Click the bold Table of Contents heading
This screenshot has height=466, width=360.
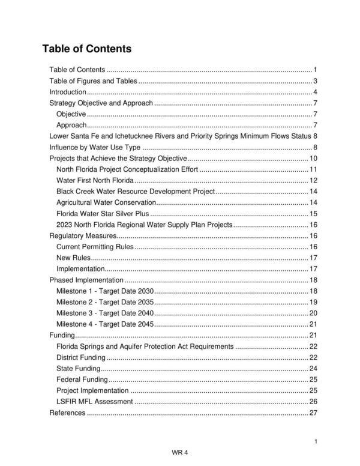(87, 49)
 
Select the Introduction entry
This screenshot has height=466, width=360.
(68, 92)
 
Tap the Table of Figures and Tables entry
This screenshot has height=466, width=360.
(93, 81)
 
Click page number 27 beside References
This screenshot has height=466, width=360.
(313, 413)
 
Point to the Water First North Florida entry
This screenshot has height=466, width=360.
(94, 181)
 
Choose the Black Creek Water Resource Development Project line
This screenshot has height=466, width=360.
(135, 192)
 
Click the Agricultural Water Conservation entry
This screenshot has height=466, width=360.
(106, 202)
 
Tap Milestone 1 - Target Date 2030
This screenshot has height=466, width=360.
(105, 291)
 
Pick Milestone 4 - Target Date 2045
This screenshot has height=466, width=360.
(105, 324)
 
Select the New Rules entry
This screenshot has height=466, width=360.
(73, 258)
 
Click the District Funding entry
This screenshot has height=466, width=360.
(81, 357)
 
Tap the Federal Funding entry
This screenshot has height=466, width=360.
(82, 380)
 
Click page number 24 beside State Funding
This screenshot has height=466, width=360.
(313, 368)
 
